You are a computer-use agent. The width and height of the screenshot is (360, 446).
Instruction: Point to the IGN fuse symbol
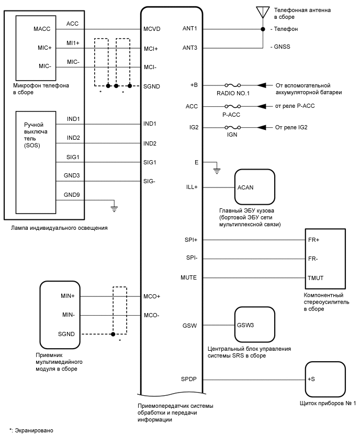pyautogui.click(x=231, y=127)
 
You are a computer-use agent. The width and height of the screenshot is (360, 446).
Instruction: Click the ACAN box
pyautogui.click(x=254, y=187)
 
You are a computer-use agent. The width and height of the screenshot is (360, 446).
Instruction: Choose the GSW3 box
pyautogui.click(x=254, y=325)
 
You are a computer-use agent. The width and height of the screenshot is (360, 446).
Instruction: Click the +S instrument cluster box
pyautogui.click(x=325, y=378)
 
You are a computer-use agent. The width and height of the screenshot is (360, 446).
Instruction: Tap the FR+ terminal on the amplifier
pyautogui.click(x=314, y=239)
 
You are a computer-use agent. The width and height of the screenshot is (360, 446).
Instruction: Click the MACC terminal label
pyautogui.click(x=41, y=29)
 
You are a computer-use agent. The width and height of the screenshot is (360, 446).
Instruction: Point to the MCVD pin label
pyautogui.click(x=152, y=29)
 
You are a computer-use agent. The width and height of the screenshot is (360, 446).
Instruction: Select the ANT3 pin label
pyautogui.click(x=189, y=48)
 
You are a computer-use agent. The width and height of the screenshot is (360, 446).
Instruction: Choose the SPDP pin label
pyautogui.click(x=188, y=378)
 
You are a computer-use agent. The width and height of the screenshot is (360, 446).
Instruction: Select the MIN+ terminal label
pyautogui.click(x=67, y=296)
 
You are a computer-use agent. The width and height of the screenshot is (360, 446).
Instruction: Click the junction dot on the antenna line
pyautogui.click(x=263, y=29)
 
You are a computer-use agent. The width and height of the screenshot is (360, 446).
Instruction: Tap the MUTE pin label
pyautogui.click(x=188, y=277)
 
